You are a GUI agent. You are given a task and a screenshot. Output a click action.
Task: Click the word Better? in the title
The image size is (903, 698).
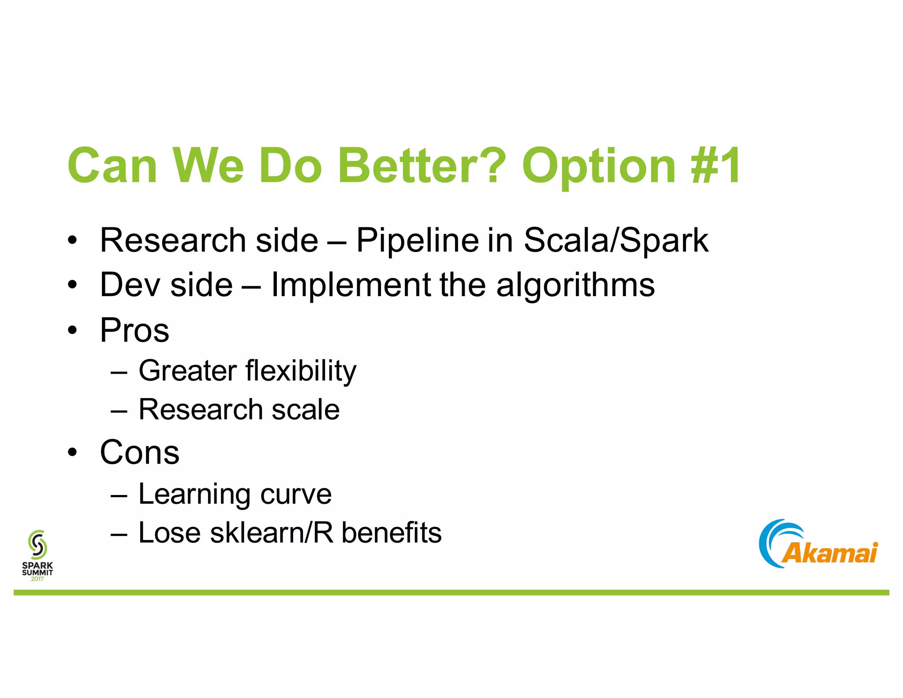tap(421, 165)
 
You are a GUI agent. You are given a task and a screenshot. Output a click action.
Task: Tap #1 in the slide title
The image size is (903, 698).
tap(716, 165)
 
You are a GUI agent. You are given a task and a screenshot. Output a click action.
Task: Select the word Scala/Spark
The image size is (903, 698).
tap(616, 240)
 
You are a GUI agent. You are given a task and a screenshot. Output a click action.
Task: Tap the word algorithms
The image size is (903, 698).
tap(575, 285)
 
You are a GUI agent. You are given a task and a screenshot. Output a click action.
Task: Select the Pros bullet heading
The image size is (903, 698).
tap(134, 330)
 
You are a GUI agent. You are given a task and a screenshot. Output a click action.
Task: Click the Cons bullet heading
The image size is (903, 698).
tap(140, 452)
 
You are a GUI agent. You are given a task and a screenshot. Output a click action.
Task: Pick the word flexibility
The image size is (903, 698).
tap(301, 371)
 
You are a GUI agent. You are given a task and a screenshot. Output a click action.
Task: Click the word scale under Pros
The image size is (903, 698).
tap(306, 409)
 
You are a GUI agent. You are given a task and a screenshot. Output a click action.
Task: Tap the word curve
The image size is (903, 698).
tap(295, 494)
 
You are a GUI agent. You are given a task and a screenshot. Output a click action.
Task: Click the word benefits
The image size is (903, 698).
tap(391, 533)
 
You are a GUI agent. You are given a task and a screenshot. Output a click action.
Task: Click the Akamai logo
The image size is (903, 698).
tap(818, 544)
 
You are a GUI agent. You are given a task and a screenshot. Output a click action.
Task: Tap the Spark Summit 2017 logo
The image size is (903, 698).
tap(37, 555)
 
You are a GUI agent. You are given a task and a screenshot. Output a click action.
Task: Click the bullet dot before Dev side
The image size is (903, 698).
tap(72, 285)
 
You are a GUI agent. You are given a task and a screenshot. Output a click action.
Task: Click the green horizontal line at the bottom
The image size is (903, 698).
tap(451, 593)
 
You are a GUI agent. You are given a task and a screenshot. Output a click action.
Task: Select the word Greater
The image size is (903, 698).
tap(187, 371)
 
